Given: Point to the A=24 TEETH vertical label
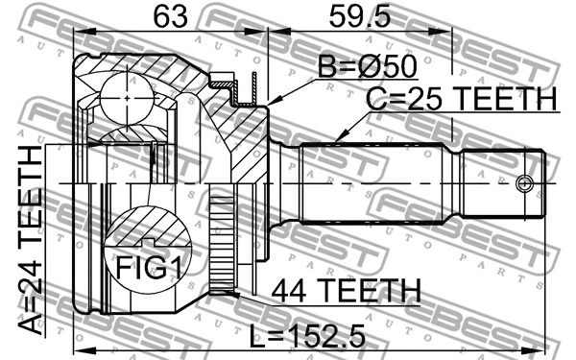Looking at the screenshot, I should [32, 240].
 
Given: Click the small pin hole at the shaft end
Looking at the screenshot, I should [523, 183].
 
